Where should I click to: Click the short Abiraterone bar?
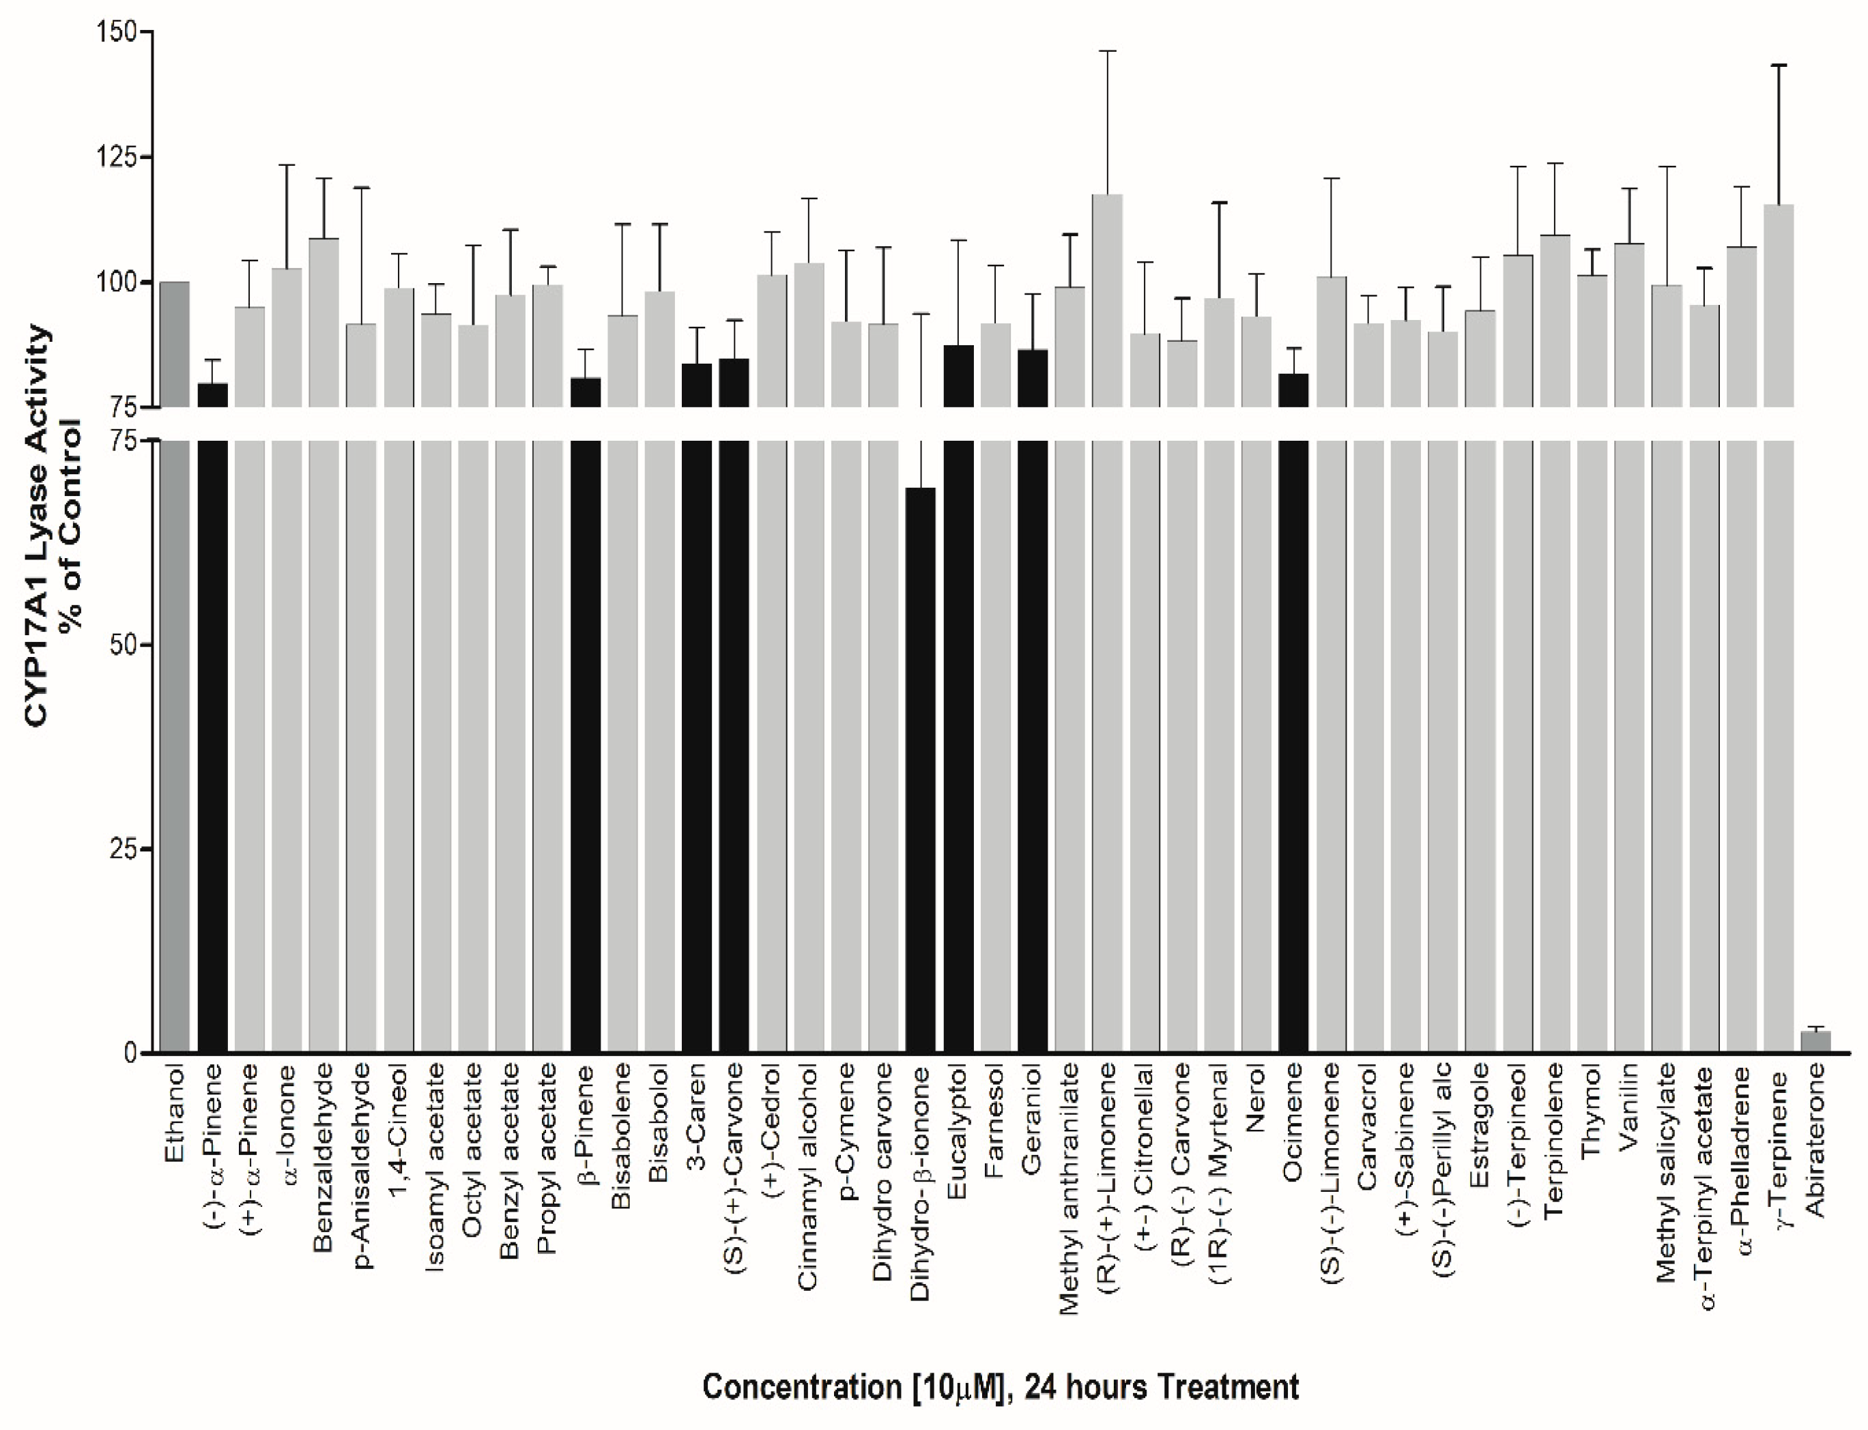[1815, 1042]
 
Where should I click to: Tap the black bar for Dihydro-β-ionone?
[921, 766]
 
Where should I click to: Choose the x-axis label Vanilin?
[1628, 1107]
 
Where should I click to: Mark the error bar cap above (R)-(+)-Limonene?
[1107, 51]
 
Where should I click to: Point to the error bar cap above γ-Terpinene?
[1778, 65]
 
